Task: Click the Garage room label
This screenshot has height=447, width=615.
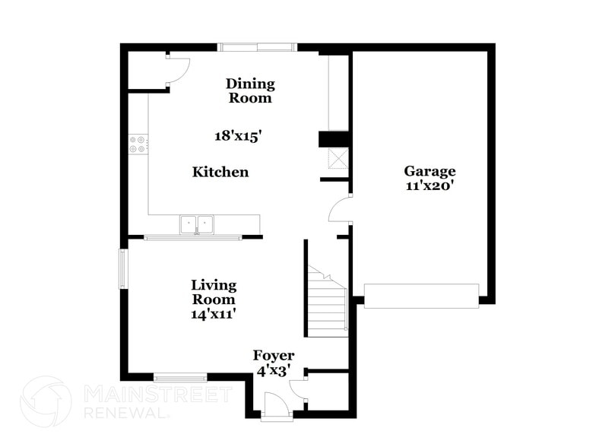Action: pos(430,171)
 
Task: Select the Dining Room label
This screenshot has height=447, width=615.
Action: pos(249,90)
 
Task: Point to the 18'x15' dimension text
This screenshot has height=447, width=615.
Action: pos(238,136)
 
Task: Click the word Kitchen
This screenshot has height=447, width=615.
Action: pos(220,173)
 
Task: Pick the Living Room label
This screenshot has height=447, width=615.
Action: pos(213,292)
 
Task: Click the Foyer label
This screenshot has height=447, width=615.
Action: pos(274,355)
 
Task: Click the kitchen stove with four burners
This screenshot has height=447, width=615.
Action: pos(138,144)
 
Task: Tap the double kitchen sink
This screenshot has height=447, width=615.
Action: pos(197,224)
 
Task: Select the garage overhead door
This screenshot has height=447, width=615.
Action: pos(421,295)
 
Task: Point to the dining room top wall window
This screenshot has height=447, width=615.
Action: pos(257,47)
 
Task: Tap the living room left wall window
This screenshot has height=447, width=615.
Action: pos(122,269)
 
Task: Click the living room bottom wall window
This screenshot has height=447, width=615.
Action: pos(179,376)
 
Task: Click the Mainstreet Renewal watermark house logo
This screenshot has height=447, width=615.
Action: pos(46,401)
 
